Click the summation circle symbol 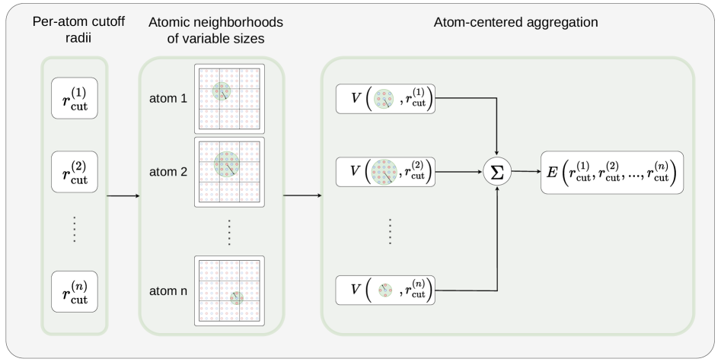[496, 173]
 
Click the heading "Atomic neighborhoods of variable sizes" [212, 31]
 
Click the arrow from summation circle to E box [525, 173]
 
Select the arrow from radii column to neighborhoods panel [122, 196]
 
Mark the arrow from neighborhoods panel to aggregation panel [302, 196]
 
